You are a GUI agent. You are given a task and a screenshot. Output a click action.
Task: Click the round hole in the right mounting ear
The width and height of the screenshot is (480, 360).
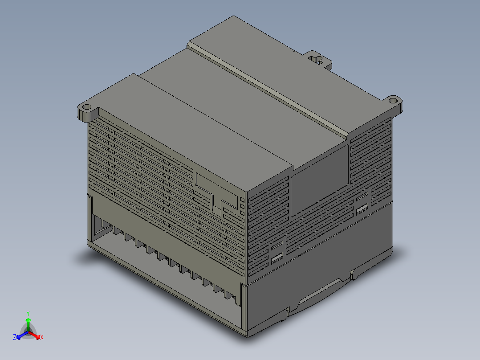point(393,101)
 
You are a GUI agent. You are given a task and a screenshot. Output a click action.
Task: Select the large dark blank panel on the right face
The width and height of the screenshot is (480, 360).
point(319,181)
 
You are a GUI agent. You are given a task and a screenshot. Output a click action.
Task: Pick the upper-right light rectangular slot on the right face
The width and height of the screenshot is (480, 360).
point(362,209)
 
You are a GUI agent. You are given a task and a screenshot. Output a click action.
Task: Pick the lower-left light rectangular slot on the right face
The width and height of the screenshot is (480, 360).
point(277,258)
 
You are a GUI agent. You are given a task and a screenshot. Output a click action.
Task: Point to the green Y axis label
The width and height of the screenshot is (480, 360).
point(28,313)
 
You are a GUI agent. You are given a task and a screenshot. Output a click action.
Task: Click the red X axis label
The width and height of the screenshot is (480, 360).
point(41,338)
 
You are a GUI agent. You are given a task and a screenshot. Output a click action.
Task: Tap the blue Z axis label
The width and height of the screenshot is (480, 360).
point(15,338)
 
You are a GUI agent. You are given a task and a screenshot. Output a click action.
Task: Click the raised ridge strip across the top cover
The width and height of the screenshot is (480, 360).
point(267,89)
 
